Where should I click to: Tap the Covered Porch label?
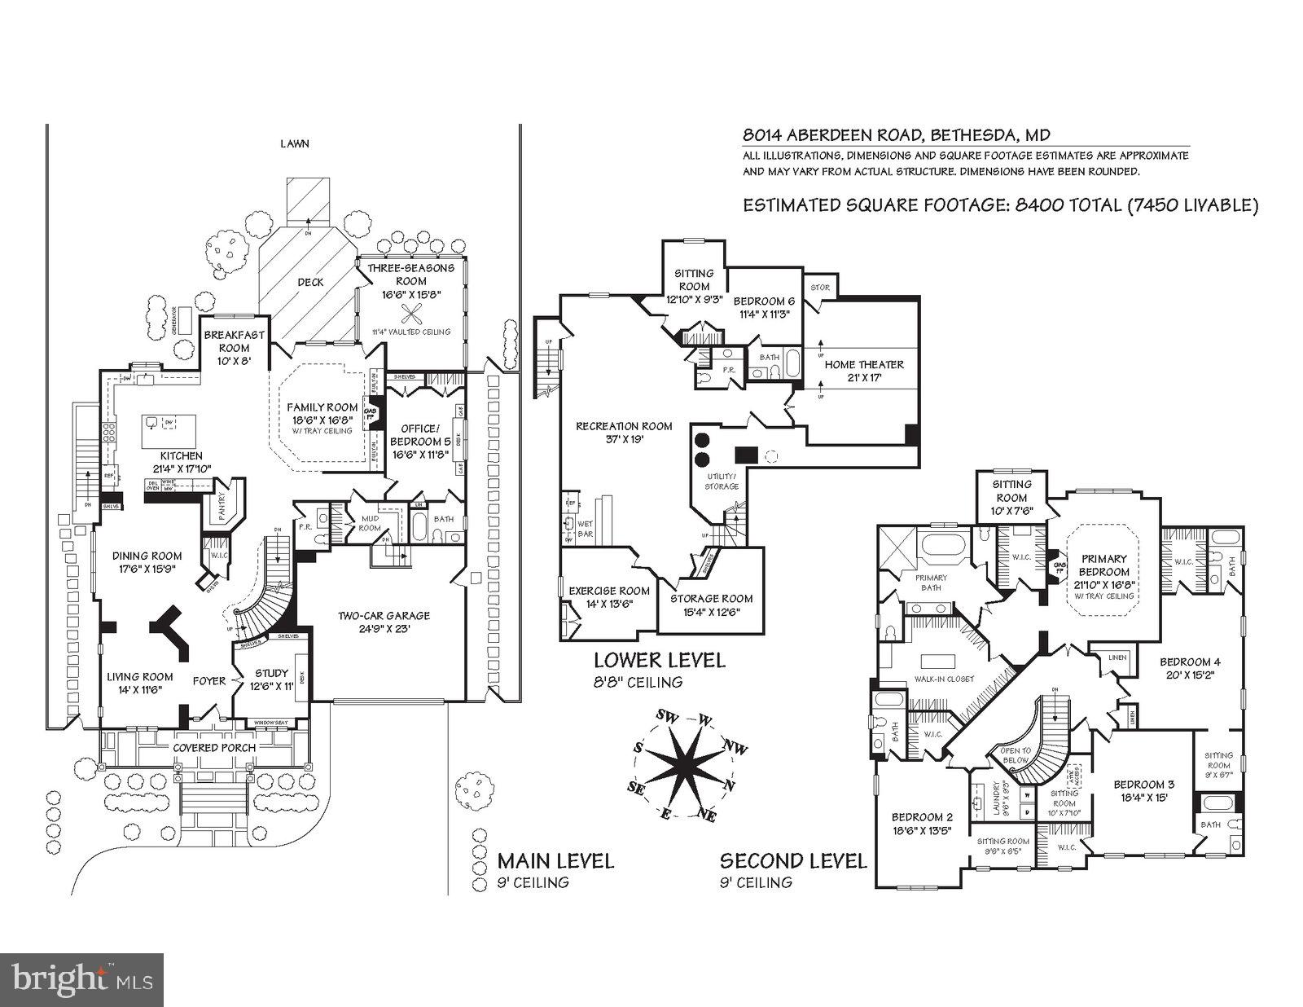point(213,747)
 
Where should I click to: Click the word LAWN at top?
point(294,144)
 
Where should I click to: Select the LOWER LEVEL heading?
point(659,660)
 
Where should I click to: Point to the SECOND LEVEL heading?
point(792,861)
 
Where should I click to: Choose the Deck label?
point(309,282)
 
